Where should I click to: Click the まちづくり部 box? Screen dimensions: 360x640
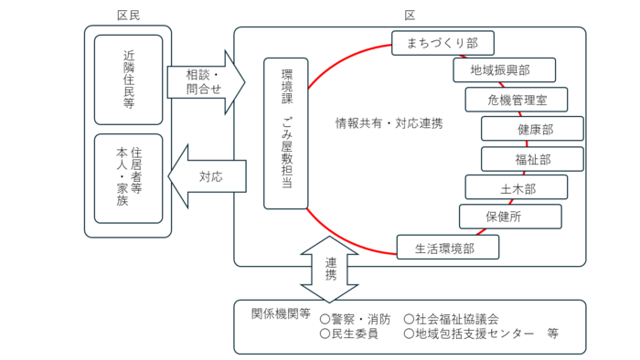coord(443,42)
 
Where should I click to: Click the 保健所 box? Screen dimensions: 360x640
coord(510,217)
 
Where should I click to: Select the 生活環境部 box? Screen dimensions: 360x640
coord(448,247)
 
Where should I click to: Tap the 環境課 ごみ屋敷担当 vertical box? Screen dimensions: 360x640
coord(285,133)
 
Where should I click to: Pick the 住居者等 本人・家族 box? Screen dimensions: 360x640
coord(128,178)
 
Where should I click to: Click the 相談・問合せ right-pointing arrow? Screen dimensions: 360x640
coord(206,81)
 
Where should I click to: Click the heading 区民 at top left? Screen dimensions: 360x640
coord(129,16)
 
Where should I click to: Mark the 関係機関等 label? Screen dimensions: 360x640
coord(281,313)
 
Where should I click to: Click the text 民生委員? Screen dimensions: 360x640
coord(349,334)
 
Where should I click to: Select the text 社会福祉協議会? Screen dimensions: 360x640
coord(452,319)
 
